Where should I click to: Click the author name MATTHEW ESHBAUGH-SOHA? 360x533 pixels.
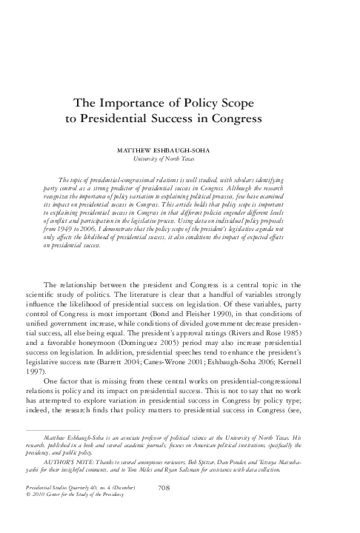(179, 149)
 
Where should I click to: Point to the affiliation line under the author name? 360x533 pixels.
(179, 158)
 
